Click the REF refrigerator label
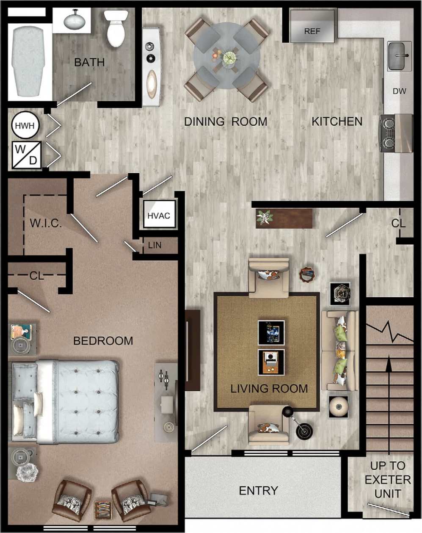tap(312, 31)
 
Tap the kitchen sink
tap(400, 55)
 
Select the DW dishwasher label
tap(399, 91)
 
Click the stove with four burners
tap(396, 133)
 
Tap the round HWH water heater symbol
tap(25, 125)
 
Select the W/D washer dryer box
tap(27, 155)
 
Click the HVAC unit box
tap(159, 215)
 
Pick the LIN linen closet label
tap(154, 245)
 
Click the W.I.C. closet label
tap(46, 223)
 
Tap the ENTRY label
tap(258, 490)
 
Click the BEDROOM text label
tap(103, 340)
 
